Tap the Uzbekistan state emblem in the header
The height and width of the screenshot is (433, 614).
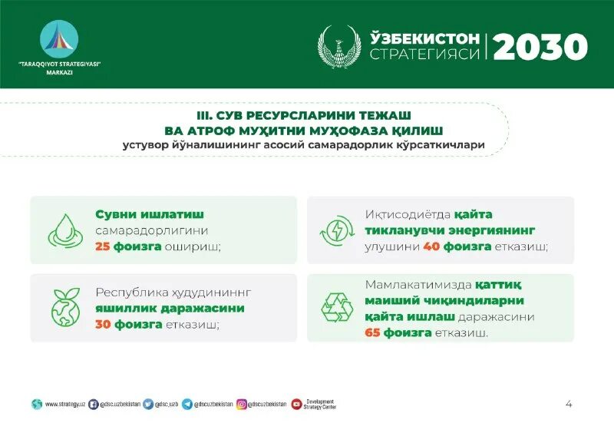pos(339,47)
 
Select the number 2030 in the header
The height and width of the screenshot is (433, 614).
pos(540,47)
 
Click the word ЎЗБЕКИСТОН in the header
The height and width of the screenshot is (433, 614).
pos(425,38)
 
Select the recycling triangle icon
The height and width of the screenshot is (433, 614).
pos(337,308)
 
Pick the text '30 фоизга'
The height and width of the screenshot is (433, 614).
pos(129,324)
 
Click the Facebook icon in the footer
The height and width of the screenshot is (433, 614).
pos(94,404)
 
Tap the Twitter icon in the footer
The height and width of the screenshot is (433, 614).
pos(148,404)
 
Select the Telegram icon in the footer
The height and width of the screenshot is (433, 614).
pos(187,404)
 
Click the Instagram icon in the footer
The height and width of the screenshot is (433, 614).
pos(241,404)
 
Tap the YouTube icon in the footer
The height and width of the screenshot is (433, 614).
pos(296,404)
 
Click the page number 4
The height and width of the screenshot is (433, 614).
pos(569,404)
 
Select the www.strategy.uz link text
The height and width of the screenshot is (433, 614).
pos(64,404)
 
